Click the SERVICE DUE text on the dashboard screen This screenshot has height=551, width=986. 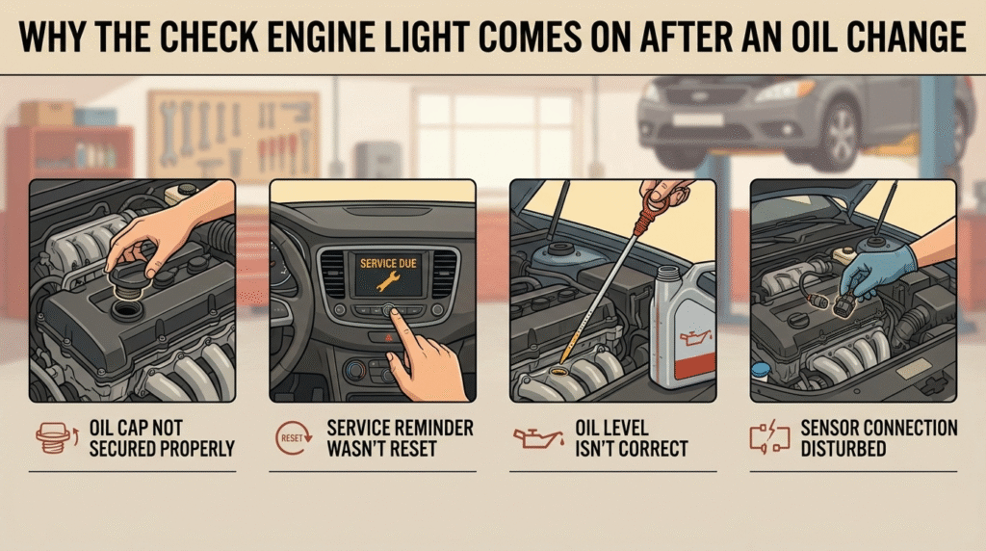pos(388,264)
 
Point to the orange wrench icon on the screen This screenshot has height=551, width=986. pos(387,282)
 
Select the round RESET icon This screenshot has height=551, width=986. pos(293,437)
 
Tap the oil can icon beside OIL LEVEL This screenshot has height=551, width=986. pos(538,437)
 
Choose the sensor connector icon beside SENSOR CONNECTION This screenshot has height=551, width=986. pos(769,437)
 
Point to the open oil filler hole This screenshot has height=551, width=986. pos(128,309)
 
